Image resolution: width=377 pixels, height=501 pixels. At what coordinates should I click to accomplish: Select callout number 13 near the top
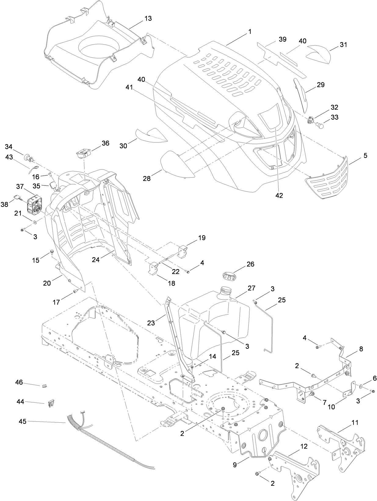pos(148,18)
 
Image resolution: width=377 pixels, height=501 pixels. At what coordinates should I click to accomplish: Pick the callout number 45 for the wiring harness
pos(23,421)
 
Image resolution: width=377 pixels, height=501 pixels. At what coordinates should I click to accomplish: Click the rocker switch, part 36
pos(83,153)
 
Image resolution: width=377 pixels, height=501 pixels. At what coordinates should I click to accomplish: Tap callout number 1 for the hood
pos(250,31)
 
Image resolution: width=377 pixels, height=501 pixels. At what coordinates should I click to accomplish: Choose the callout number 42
pos(279,195)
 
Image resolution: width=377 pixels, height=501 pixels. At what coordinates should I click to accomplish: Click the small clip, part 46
pos(44,386)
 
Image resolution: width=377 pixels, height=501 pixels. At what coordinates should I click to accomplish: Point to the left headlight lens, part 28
pos(177,164)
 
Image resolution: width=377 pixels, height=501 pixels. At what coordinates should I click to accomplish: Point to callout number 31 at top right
pos(343,45)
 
